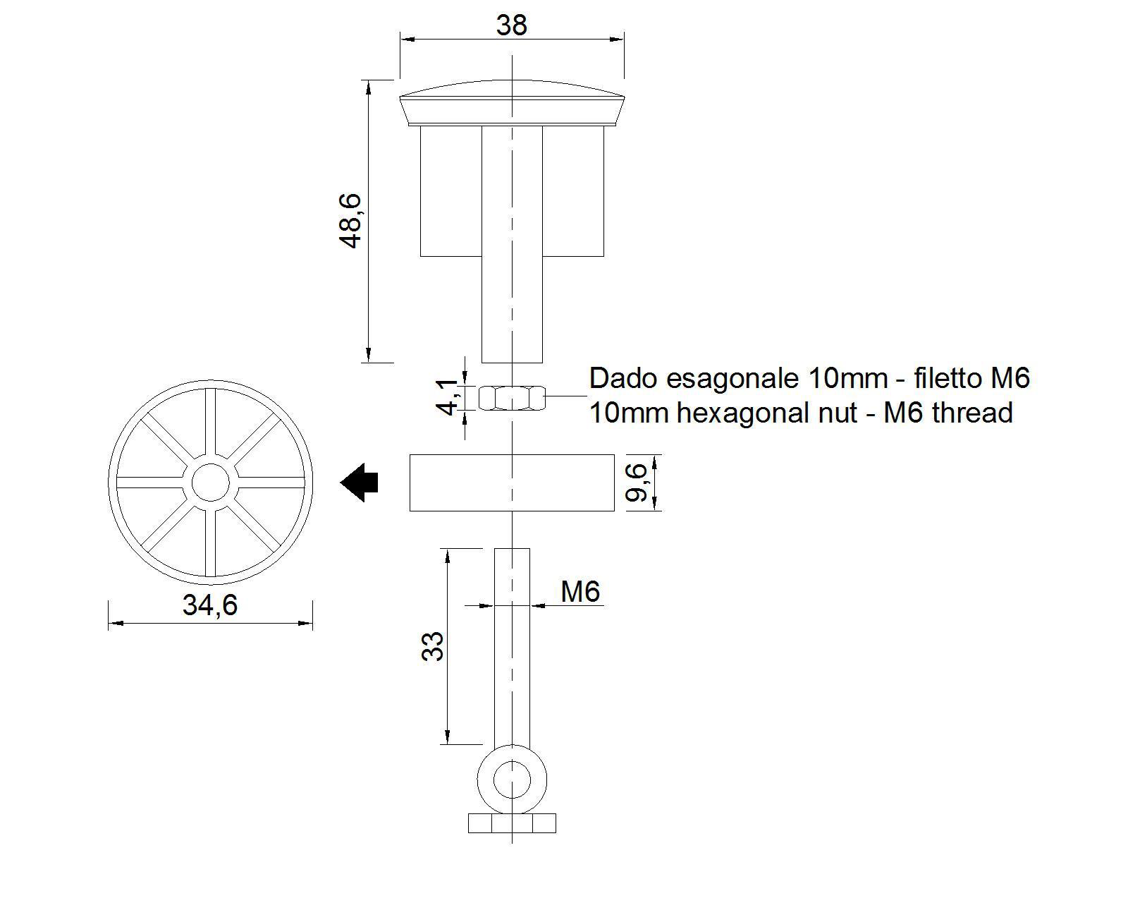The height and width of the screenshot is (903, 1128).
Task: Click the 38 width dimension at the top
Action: pyautogui.click(x=511, y=25)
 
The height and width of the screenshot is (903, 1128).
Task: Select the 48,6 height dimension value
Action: pyautogui.click(x=350, y=220)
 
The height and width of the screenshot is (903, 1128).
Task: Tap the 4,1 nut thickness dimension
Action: pyautogui.click(x=447, y=396)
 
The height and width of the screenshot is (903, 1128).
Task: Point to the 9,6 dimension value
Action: pyautogui.click(x=636, y=482)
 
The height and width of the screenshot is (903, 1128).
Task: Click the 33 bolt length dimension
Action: pyautogui.click(x=433, y=646)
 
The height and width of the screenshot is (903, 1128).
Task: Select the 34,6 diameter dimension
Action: pyautogui.click(x=210, y=605)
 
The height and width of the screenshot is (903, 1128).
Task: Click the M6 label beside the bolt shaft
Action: pyautogui.click(x=580, y=591)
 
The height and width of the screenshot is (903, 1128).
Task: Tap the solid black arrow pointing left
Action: pyautogui.click(x=360, y=483)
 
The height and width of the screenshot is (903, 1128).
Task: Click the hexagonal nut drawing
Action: pyautogui.click(x=512, y=397)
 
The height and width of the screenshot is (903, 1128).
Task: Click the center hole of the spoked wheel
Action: pyautogui.click(x=210, y=483)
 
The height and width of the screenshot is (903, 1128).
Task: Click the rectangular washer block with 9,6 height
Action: pyautogui.click(x=512, y=483)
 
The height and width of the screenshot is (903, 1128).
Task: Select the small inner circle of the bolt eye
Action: pyautogui.click(x=512, y=780)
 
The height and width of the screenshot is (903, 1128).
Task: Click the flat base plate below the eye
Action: pyautogui.click(x=512, y=823)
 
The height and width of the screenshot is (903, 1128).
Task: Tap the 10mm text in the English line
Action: pyautogui.click(x=629, y=413)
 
